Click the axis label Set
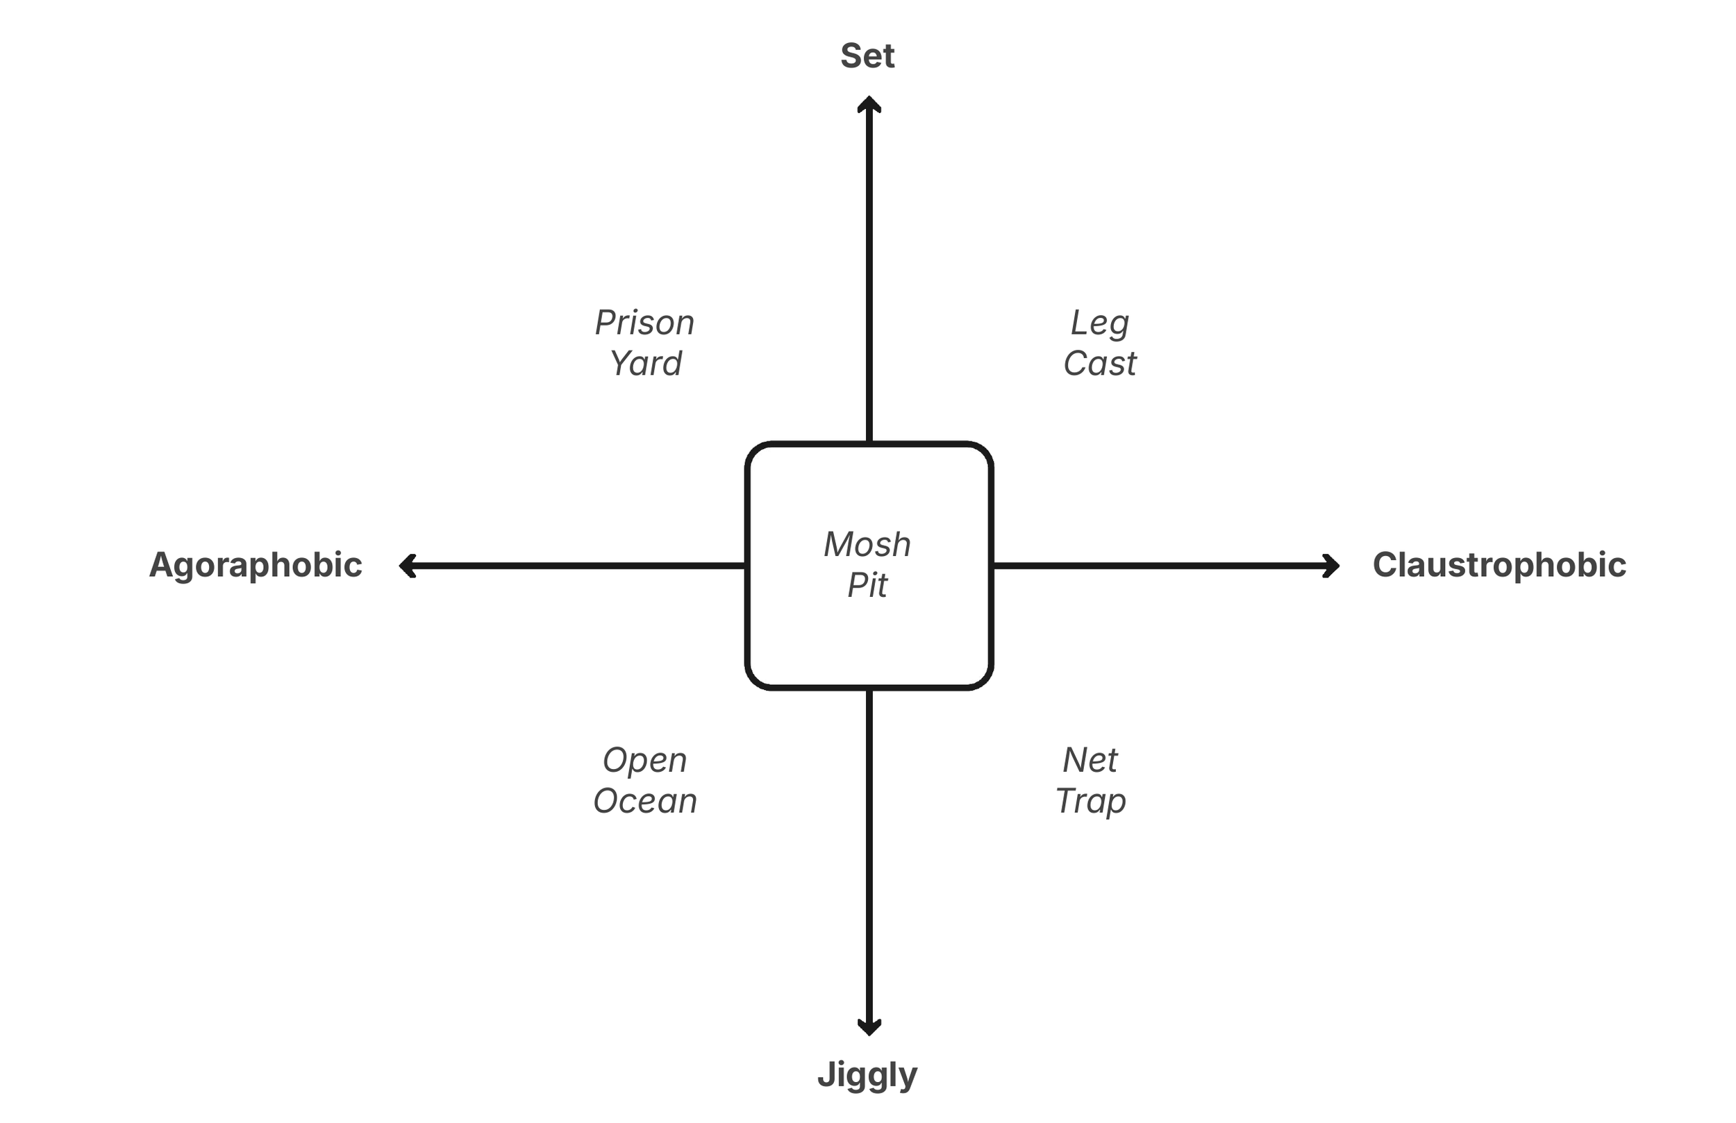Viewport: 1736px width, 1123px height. [867, 56]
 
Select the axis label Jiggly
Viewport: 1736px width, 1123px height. [867, 1076]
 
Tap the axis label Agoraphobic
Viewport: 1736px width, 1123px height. [256, 565]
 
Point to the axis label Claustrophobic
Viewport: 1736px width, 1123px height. [1499, 565]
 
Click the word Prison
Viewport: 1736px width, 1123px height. [644, 323]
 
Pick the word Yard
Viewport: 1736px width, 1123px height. [646, 363]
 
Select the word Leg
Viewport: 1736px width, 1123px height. [1099, 323]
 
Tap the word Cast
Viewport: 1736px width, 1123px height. [1099, 363]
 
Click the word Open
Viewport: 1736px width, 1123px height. [644, 761]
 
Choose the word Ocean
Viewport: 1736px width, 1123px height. [645, 802]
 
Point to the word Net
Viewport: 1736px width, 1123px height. [1090, 761]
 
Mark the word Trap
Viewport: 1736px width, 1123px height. [1090, 802]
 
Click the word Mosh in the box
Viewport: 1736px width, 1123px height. [867, 545]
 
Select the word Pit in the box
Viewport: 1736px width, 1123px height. [867, 585]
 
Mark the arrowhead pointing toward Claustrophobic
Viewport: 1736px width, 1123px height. [1331, 566]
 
